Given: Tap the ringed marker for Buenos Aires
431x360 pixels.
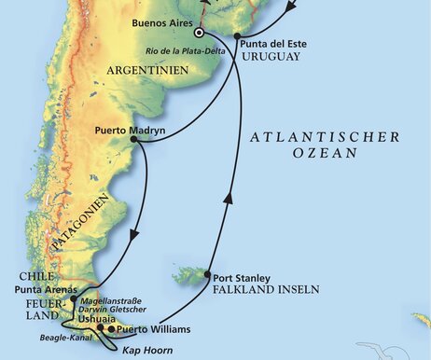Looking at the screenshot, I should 199,33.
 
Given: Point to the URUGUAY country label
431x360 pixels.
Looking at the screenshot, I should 271,56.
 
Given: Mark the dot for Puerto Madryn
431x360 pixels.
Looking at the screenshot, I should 136,140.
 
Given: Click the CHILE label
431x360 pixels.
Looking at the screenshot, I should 35,275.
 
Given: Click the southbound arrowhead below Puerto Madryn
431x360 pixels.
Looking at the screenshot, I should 137,236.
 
